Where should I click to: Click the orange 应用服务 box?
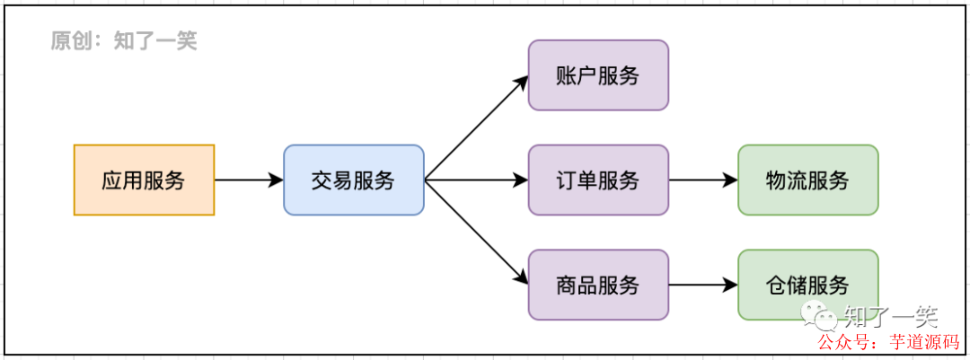pyautogui.click(x=144, y=180)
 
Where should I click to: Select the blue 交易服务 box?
pyautogui.click(x=353, y=180)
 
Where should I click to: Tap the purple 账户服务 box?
pyautogui.click(x=598, y=75)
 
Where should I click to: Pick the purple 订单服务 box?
pyautogui.click(x=598, y=180)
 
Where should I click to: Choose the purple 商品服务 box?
pyautogui.click(x=598, y=285)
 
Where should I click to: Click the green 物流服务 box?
pyautogui.click(x=807, y=180)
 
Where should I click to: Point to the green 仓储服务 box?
pyautogui.click(x=807, y=285)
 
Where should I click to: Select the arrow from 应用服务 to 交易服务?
pyautogui.click(x=249, y=180)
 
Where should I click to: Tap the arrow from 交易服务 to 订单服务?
pyautogui.click(x=476, y=180)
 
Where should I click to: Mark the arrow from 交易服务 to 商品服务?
pyautogui.click(x=476, y=233)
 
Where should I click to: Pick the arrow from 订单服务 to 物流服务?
pyautogui.click(x=703, y=180)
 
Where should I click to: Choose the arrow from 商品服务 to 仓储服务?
pyautogui.click(x=703, y=285)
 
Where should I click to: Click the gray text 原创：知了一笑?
pyautogui.click(x=124, y=40)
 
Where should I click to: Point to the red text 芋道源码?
pyautogui.click(x=924, y=342)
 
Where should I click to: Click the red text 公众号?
pyautogui.click(x=842, y=342)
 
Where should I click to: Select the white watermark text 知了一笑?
pyautogui.click(x=889, y=315)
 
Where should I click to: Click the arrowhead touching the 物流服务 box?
pyautogui.click(x=730, y=180)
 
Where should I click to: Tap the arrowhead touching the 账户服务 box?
pyautogui.click(x=522, y=82)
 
